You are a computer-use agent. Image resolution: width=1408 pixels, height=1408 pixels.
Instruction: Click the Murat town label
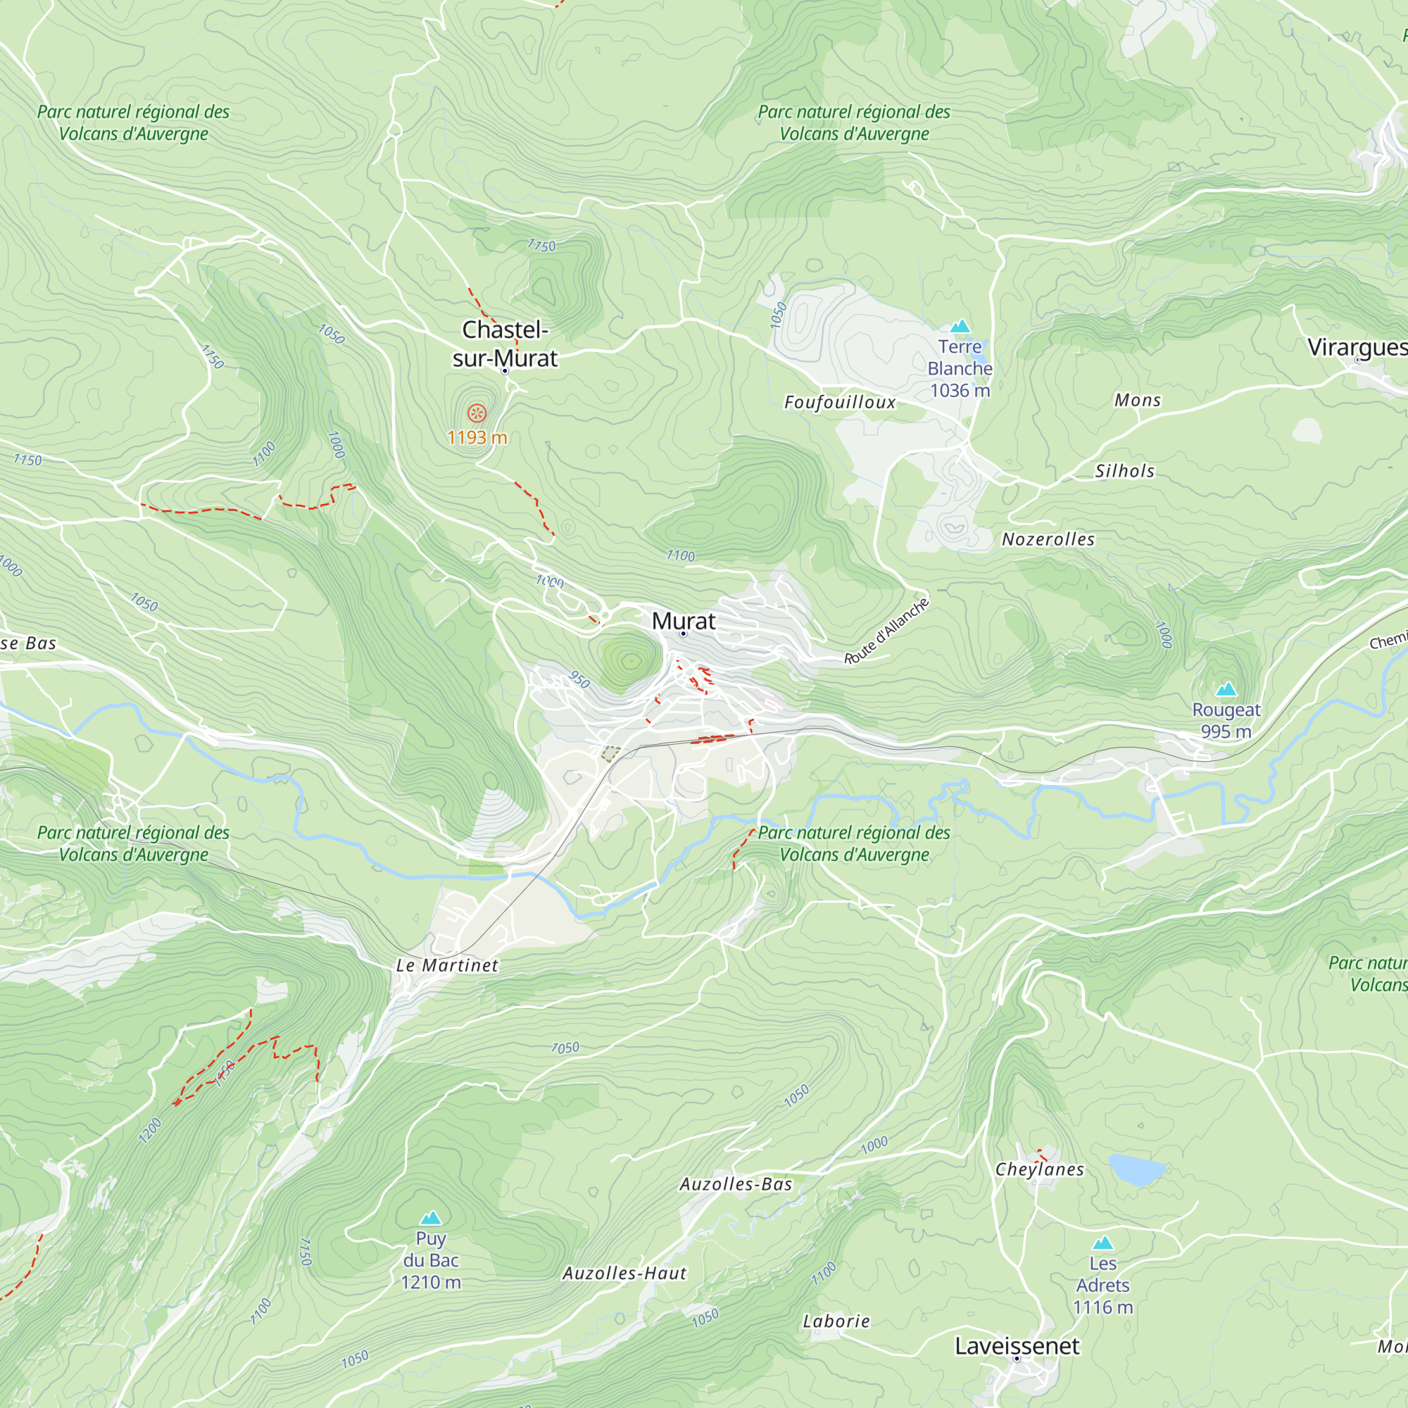683,621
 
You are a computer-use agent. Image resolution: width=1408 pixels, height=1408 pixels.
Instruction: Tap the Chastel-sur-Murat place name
504,344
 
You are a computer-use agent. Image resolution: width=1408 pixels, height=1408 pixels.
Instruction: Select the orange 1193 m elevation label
477,437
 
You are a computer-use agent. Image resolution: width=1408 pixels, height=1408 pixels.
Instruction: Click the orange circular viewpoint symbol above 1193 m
477,414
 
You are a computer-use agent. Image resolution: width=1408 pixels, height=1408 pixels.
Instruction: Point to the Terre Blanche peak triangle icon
960,326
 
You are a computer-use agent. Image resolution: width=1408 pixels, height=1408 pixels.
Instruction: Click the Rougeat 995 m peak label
1226,720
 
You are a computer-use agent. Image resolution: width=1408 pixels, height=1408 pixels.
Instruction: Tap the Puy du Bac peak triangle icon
431,1218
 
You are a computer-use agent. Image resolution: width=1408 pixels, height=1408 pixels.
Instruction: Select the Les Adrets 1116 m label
1102,1286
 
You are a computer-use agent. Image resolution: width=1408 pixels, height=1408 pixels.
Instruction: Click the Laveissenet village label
1017,1346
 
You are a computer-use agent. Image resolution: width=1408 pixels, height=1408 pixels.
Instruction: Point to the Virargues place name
1355,347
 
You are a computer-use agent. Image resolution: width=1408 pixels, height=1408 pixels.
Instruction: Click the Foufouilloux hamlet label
840,402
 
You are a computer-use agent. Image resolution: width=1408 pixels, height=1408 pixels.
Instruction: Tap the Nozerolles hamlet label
1048,539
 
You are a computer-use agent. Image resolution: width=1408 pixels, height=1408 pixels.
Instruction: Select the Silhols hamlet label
1124,471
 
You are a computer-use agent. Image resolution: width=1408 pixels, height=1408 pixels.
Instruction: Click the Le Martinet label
447,966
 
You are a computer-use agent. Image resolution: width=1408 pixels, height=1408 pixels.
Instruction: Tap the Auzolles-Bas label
736,1184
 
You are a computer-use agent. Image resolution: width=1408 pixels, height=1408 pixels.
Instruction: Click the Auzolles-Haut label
624,1273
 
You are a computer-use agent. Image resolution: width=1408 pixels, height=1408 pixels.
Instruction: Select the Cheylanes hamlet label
1039,1169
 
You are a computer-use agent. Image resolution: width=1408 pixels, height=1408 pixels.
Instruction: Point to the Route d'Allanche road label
887,631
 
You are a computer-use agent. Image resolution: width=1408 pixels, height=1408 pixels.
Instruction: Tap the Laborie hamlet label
836,1321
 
